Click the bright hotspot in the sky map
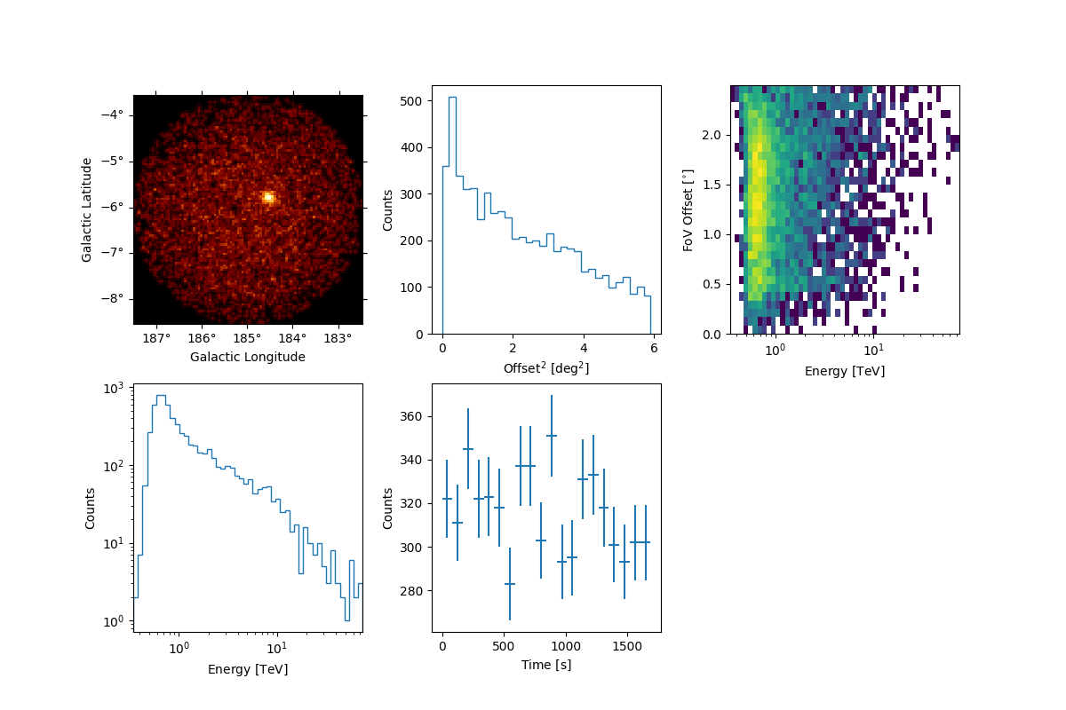[268, 197]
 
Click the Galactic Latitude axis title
[87, 209]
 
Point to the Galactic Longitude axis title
[248, 357]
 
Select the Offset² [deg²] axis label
[546, 368]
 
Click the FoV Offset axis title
[688, 209]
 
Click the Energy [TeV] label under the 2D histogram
[845, 371]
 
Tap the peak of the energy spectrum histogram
[161, 396]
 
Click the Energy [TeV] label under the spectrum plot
[248, 669]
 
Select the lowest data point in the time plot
[510, 584]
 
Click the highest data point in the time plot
[552, 436]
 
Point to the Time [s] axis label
[546, 665]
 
